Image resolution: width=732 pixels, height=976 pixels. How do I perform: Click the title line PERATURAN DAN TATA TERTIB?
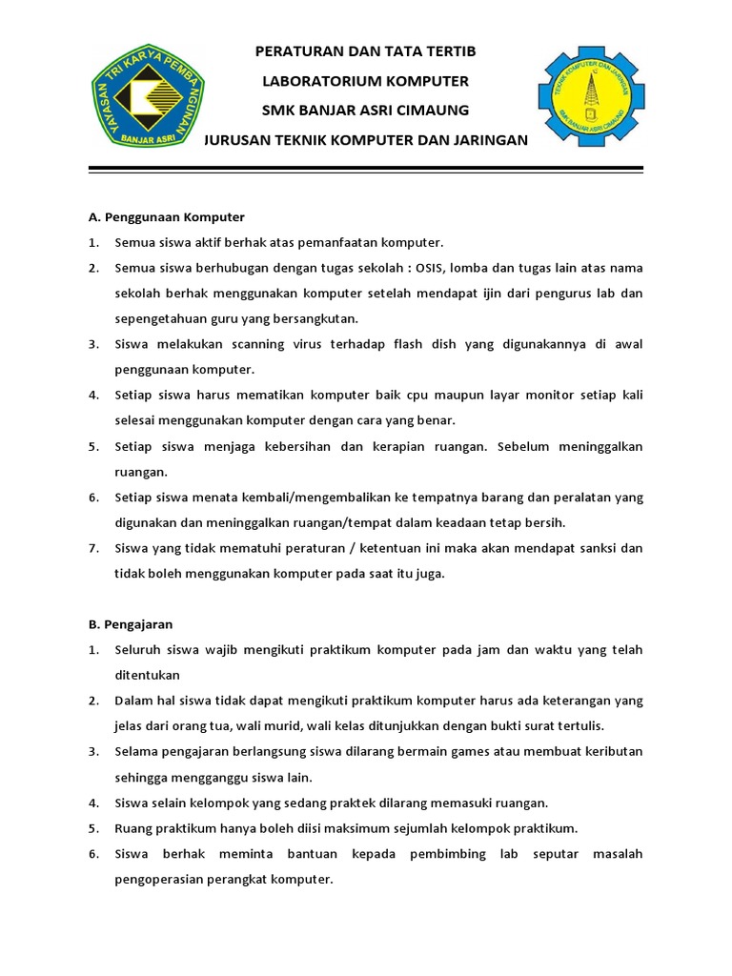[x=367, y=51]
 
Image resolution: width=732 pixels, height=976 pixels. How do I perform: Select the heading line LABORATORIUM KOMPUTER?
[x=367, y=81]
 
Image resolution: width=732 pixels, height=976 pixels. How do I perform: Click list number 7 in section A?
[x=94, y=548]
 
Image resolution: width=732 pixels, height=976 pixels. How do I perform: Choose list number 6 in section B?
[x=94, y=853]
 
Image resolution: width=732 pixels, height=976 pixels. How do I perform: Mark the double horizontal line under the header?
[x=366, y=171]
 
